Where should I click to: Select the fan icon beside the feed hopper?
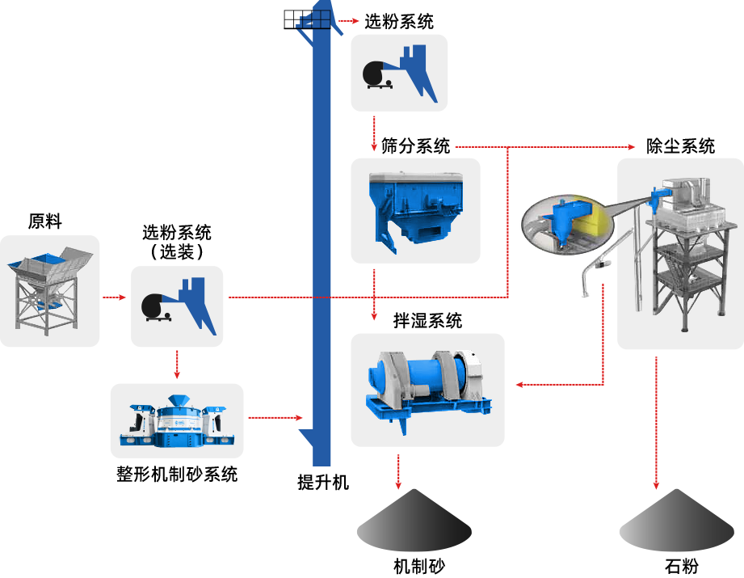(177, 306)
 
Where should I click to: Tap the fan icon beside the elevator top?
(399, 73)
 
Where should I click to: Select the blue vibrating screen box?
(414, 208)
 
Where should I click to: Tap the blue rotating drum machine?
(427, 386)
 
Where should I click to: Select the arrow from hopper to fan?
(115, 297)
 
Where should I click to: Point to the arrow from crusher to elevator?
(275, 418)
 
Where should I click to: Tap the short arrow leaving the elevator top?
(350, 20)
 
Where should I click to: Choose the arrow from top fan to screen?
(374, 133)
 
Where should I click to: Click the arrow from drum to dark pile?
(397, 471)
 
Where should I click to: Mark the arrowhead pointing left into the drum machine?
(519, 384)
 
